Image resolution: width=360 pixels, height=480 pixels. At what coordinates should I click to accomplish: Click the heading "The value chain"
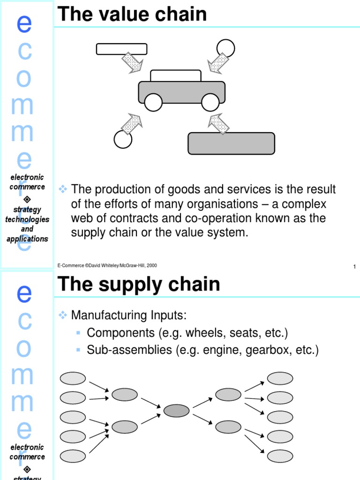[132, 15]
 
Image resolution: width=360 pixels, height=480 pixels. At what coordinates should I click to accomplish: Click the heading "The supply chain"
[138, 284]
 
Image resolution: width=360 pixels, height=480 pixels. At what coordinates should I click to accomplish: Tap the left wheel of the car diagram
[153, 102]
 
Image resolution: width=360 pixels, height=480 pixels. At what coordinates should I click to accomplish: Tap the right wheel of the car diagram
[210, 102]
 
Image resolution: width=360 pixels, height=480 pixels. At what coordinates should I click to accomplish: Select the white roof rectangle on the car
[176, 76]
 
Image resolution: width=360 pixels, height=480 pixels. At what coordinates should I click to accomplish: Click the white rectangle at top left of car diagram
[121, 49]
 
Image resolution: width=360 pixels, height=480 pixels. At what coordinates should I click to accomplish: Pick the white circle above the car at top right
[225, 48]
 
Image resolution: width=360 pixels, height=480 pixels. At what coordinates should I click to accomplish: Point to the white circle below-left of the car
[123, 139]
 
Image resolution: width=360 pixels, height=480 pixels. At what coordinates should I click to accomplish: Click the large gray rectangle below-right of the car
[231, 143]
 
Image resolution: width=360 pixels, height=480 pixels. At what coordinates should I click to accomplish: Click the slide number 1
[354, 267]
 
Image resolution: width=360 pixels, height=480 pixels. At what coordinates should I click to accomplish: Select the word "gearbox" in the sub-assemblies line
[272, 350]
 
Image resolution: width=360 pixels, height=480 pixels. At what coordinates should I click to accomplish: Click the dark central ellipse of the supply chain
[176, 411]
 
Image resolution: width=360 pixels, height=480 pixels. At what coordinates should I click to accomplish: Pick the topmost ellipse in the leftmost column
[73, 378]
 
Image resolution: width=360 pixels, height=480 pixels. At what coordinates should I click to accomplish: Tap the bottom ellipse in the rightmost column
[280, 456]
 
